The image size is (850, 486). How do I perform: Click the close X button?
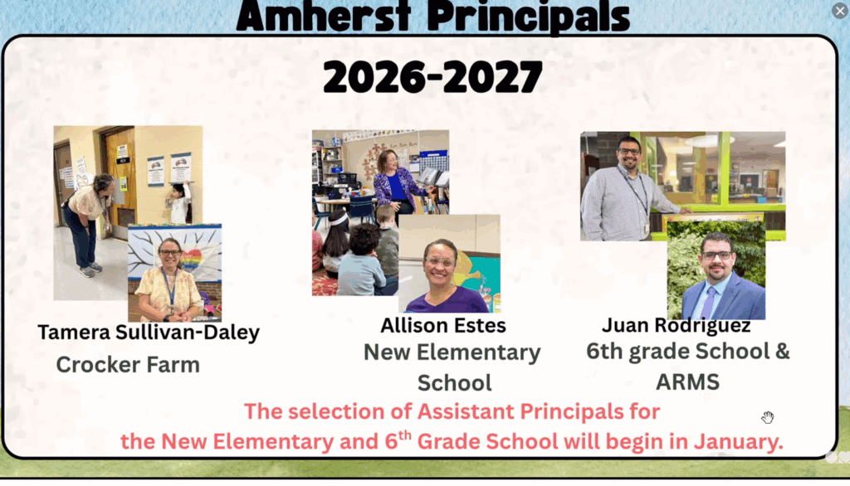(840, 11)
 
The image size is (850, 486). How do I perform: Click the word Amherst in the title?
(324, 17)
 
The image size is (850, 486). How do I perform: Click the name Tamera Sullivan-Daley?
(149, 333)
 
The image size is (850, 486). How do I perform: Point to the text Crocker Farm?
(128, 365)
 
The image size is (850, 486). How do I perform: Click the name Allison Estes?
(443, 326)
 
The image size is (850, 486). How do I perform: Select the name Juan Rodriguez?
(677, 325)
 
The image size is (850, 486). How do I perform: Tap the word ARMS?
(687, 382)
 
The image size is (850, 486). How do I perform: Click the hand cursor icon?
(767, 417)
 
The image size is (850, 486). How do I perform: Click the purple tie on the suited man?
(710, 303)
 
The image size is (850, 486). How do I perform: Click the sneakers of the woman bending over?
(90, 270)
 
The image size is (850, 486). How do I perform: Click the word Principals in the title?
(528, 17)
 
